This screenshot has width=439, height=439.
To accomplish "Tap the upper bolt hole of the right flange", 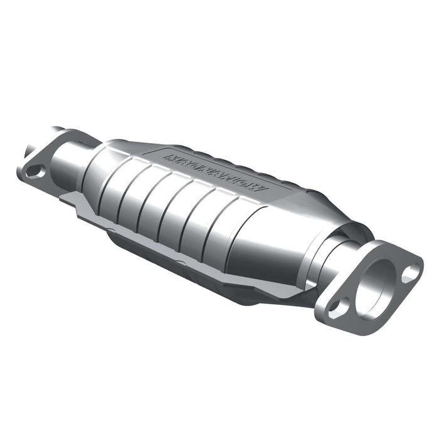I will click(x=410, y=272).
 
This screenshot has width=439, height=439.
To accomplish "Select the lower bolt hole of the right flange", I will click(x=338, y=306).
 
